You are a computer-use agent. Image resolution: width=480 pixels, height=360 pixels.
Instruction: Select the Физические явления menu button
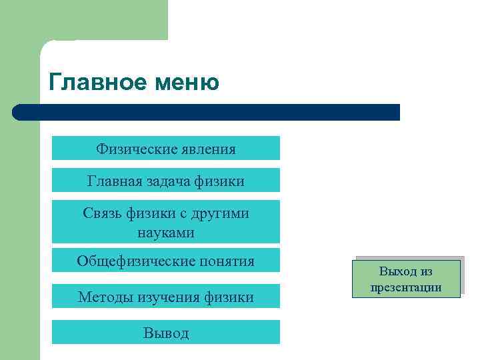pos(165,148)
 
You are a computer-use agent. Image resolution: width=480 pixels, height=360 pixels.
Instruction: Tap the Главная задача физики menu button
pos(165,181)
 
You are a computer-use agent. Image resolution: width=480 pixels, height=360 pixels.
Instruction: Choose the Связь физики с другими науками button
pos(165,223)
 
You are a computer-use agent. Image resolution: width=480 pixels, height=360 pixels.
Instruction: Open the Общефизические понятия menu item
pos(165,261)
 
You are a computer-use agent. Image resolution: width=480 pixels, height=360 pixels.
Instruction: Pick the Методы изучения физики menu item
pos(165,297)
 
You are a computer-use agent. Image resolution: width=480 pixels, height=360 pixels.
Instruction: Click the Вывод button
pos(165,333)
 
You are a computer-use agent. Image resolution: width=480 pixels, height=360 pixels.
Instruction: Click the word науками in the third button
pos(166,233)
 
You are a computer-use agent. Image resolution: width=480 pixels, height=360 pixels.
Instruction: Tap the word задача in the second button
pos(163,181)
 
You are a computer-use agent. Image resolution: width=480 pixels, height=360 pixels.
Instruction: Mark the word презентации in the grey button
pos(406,287)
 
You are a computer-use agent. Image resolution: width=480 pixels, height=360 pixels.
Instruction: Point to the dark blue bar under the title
pos(213,112)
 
